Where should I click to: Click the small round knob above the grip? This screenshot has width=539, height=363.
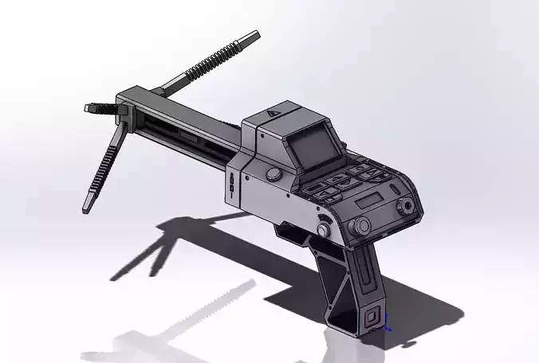tap(323, 230)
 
